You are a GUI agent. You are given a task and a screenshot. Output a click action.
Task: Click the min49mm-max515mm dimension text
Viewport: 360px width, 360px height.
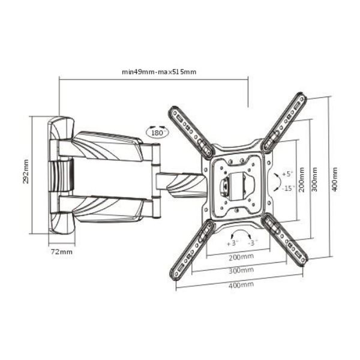[159, 72]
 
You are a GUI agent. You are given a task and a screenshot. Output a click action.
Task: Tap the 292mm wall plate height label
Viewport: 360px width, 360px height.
[26, 172]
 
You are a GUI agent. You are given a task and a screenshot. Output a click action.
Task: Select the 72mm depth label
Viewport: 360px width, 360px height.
[61, 251]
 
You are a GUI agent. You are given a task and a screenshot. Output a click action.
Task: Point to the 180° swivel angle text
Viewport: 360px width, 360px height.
[157, 133]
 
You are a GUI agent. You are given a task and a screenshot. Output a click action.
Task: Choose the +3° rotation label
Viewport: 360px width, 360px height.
[232, 243]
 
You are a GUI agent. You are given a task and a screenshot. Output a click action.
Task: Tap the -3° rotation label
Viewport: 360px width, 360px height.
[253, 243]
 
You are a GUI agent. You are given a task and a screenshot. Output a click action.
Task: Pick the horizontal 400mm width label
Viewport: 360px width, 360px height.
[241, 284]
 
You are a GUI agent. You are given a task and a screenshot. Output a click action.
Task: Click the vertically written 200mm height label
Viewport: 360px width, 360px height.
[301, 179]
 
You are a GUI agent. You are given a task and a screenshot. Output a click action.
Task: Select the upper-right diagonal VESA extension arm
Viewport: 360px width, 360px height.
[285, 122]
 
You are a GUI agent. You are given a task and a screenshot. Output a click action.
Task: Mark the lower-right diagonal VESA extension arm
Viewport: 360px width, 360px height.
[284, 239]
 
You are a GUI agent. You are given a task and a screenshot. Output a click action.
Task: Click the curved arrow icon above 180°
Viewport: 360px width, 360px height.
[157, 126]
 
